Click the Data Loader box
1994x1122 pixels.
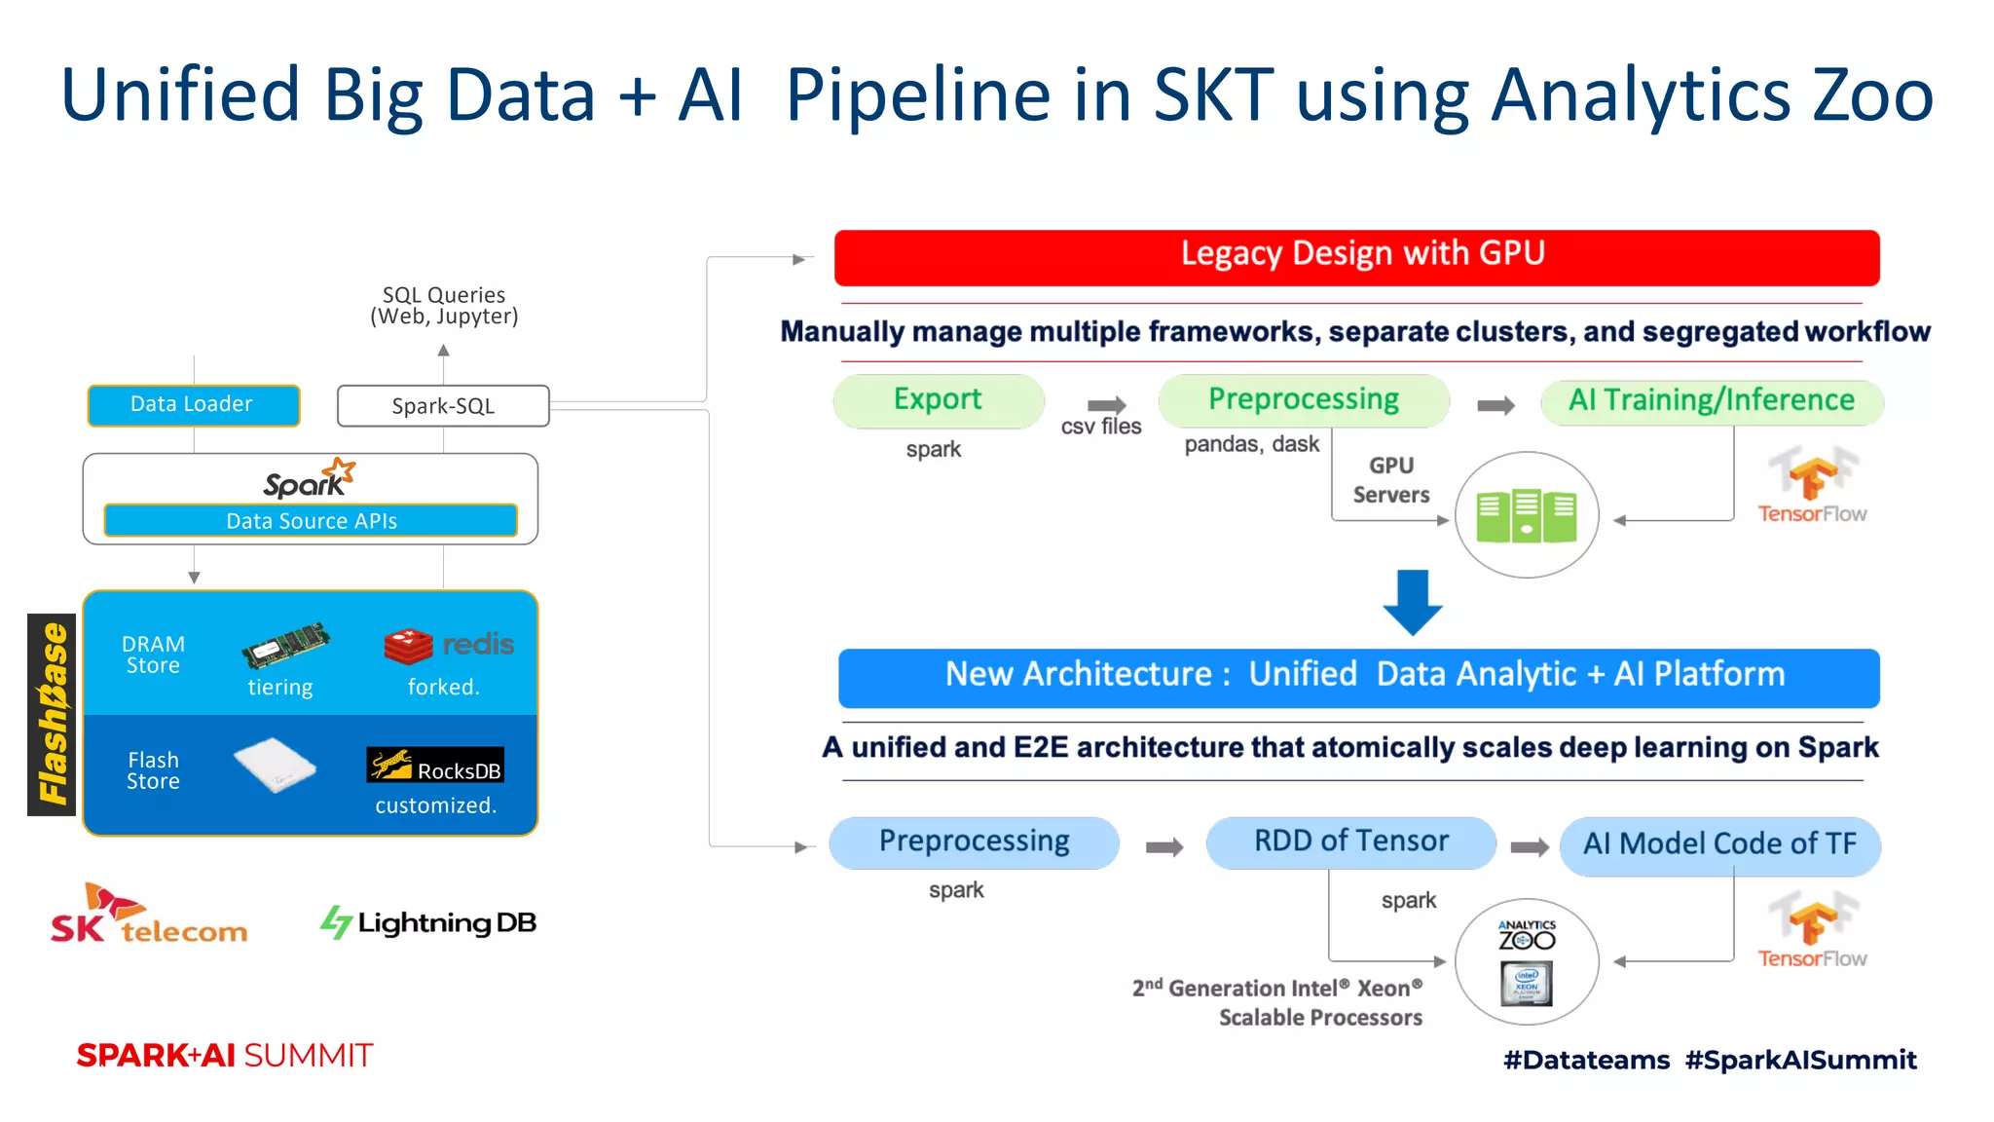[x=193, y=405]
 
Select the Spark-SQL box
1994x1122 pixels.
[x=443, y=406]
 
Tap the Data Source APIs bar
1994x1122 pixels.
[x=311, y=521]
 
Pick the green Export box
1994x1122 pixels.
[x=938, y=400]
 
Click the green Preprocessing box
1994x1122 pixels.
[x=1303, y=400]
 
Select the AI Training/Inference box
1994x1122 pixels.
[x=1711, y=401]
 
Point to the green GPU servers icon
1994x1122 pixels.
[x=1526, y=515]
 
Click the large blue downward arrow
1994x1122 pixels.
[x=1412, y=601]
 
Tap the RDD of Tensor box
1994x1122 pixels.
[x=1350, y=842]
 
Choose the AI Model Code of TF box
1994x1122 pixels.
[x=1719, y=844]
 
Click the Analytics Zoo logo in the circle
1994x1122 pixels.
[x=1526, y=935]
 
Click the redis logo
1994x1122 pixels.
[x=449, y=645]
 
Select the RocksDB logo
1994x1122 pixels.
[x=435, y=767]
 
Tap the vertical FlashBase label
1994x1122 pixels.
[x=52, y=714]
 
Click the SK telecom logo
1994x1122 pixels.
[x=148, y=916]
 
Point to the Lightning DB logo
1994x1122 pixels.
[x=428, y=922]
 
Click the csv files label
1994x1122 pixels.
[x=1100, y=427]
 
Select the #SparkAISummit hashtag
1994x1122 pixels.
[x=1800, y=1060]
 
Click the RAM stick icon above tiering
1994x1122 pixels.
[x=285, y=645]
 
